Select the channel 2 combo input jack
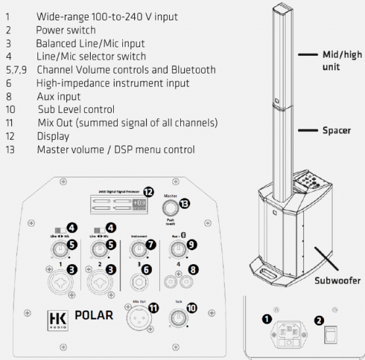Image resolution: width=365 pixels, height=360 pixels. (99, 278)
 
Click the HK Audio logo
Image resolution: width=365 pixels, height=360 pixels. (54, 316)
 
